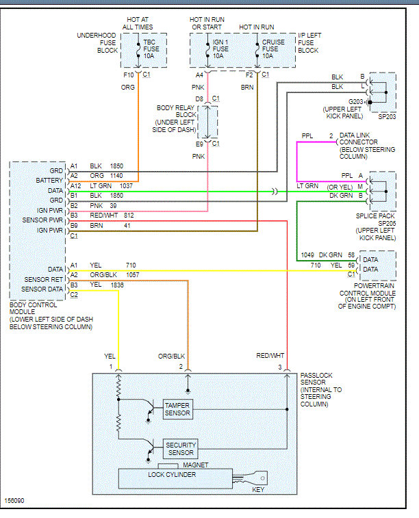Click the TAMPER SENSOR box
pyautogui.click(x=177, y=409)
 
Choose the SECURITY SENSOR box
pyautogui.click(x=181, y=449)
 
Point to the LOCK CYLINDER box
pyautogui.click(x=172, y=474)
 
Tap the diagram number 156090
pyautogui.click(x=15, y=502)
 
